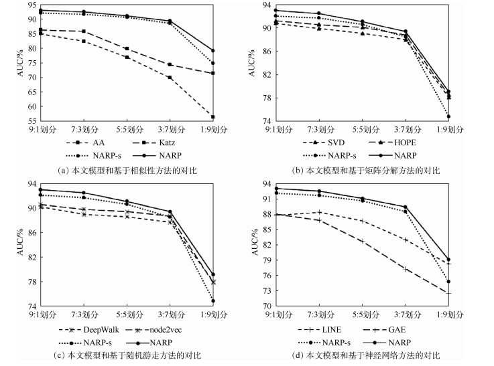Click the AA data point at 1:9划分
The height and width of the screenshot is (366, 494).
coord(212,116)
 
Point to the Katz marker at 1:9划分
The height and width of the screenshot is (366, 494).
coord(212,73)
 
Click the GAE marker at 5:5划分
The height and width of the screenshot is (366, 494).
coord(363,241)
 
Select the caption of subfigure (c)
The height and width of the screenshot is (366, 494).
coord(127,355)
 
